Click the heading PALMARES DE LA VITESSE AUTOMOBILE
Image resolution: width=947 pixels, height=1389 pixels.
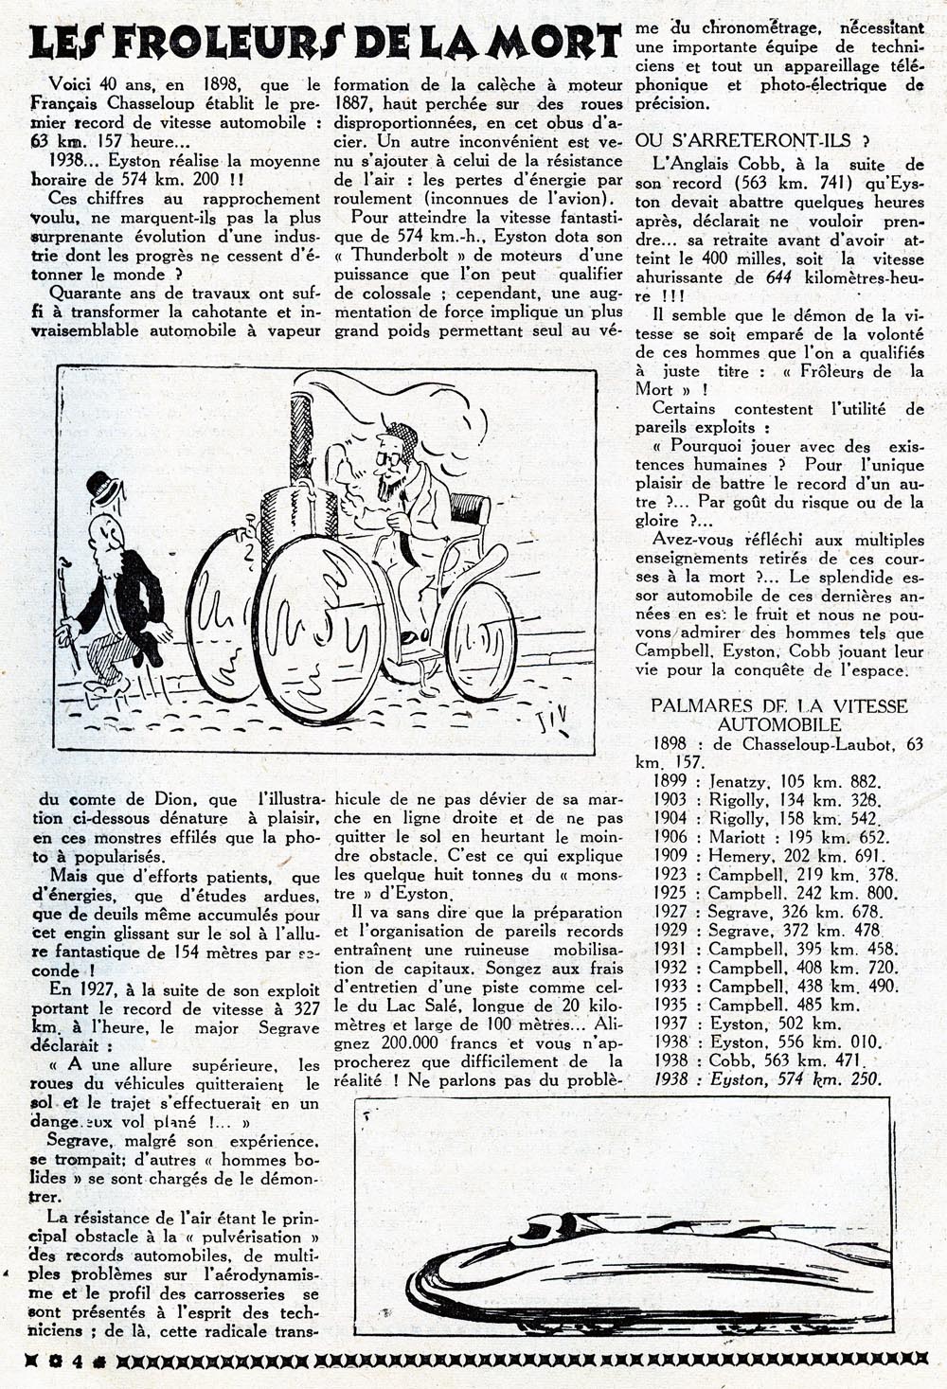(778, 715)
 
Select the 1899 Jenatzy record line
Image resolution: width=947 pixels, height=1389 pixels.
(767, 782)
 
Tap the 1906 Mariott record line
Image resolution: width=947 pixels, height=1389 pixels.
(770, 838)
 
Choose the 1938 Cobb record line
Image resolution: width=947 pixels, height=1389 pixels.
(768, 1060)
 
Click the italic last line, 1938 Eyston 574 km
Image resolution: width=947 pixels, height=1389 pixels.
(768, 1079)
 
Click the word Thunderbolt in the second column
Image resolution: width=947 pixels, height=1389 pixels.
(407, 256)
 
